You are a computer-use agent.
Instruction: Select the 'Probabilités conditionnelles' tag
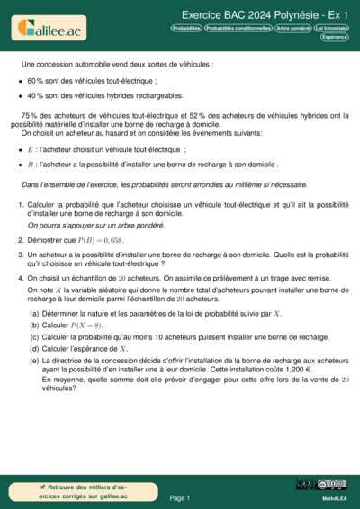(x=238, y=28)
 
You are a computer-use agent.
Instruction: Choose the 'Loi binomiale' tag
(x=331, y=28)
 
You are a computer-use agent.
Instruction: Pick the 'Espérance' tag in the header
(x=334, y=37)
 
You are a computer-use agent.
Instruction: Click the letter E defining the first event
(x=31, y=149)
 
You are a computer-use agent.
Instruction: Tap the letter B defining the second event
(x=31, y=165)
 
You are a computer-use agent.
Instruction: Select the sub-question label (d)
(x=34, y=347)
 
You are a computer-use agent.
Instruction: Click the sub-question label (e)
(x=34, y=359)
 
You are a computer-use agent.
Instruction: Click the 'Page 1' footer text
(x=180, y=496)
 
